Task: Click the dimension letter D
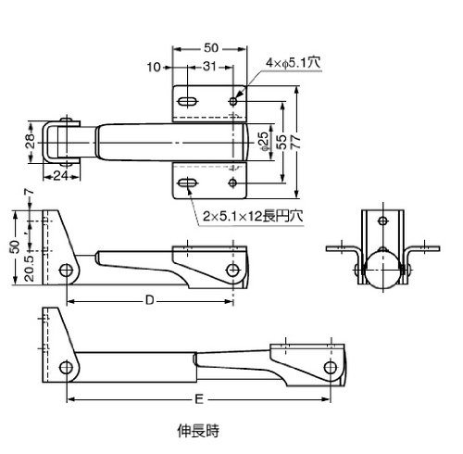[x=150, y=300]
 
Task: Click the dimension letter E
[x=199, y=399]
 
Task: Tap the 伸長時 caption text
[x=198, y=431]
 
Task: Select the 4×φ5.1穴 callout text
[x=293, y=63]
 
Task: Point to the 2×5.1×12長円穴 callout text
[x=253, y=216]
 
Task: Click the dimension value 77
[x=295, y=143]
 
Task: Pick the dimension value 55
[x=282, y=143]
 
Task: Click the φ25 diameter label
[x=265, y=142]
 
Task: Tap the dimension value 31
[x=209, y=67]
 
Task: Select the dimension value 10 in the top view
[x=154, y=67]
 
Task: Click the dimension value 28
[x=31, y=141]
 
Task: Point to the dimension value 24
[x=61, y=176]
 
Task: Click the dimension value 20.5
[x=30, y=269]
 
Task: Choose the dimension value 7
[x=29, y=192]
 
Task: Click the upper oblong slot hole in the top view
[x=187, y=101]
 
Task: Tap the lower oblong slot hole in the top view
[x=187, y=183]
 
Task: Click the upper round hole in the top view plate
[x=233, y=101]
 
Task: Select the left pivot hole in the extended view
[x=66, y=368]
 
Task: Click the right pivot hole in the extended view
[x=331, y=368]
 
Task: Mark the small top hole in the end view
[x=383, y=221]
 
